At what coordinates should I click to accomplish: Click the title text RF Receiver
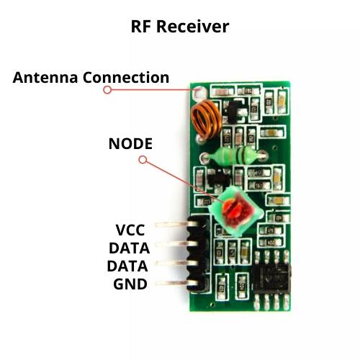tap(179, 27)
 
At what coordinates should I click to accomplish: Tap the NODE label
tap(130, 143)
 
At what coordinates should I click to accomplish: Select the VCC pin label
tap(130, 230)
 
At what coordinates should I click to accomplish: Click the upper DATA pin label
tap(130, 248)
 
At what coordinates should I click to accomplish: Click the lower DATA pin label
tap(130, 266)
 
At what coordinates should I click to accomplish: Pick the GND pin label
tap(130, 284)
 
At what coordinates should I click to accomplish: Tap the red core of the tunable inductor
tap(234, 210)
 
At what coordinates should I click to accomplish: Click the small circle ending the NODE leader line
tap(142, 159)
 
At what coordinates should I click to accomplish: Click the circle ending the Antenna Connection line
tap(107, 90)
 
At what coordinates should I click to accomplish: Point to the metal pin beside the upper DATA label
tap(173, 249)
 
